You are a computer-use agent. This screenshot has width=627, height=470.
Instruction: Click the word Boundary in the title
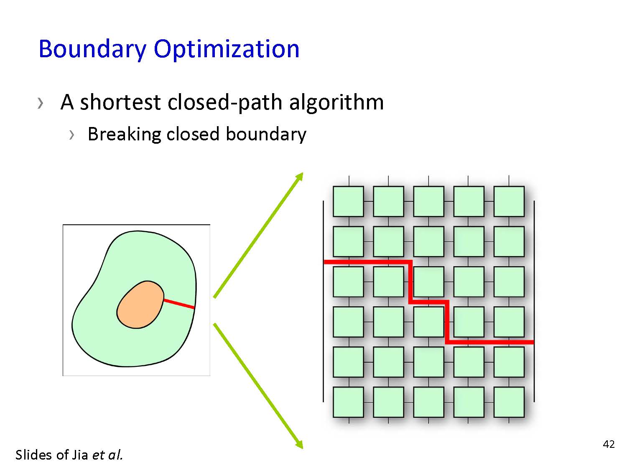(92, 49)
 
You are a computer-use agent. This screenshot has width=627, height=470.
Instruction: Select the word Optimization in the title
(227, 49)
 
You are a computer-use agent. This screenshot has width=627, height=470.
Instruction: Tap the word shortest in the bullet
(120, 102)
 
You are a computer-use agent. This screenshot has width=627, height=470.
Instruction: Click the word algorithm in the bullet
(336, 103)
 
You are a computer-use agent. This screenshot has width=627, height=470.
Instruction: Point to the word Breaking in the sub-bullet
(124, 135)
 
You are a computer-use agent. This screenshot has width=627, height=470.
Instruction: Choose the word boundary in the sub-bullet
(266, 135)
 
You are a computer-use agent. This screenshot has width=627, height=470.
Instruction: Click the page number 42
(609, 445)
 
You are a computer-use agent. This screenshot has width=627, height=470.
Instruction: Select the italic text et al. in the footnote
(107, 455)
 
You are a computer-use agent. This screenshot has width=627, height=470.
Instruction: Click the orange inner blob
(140, 305)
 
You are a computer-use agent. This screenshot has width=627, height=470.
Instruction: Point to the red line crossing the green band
(179, 303)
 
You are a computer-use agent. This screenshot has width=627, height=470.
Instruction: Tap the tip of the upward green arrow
(303, 173)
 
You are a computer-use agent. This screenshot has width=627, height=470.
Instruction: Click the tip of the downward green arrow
(303, 449)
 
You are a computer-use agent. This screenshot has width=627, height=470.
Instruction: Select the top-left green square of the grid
(348, 201)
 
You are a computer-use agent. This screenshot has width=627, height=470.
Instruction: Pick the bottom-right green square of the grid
(509, 402)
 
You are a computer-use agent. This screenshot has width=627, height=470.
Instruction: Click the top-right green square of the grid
(509, 201)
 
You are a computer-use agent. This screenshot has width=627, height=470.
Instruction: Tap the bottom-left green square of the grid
(348, 402)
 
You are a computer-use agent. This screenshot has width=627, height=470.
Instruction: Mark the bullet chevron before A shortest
(40, 103)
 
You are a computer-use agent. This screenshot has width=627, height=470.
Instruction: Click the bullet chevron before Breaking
(71, 135)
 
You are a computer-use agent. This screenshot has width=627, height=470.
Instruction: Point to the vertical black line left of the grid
(324, 301)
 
